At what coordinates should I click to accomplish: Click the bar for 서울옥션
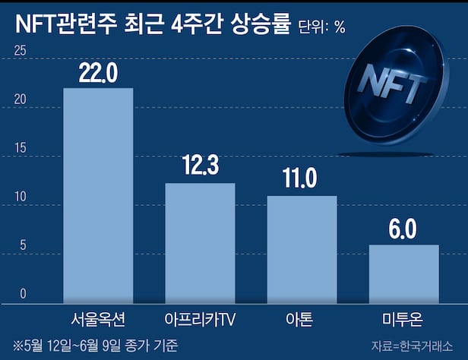point(97,195)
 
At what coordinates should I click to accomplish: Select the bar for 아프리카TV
point(200,243)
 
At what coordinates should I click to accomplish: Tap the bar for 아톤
point(302,249)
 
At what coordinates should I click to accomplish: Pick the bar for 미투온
point(404,273)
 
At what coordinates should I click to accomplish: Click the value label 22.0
point(97,73)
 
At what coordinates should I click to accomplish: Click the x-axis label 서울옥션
point(98,317)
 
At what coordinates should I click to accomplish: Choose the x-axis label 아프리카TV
point(200,317)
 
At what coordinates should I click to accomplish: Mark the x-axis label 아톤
point(302,317)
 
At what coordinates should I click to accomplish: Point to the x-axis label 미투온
point(404,317)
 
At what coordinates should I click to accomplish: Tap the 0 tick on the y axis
point(23,294)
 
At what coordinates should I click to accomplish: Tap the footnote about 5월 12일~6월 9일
point(95,345)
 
